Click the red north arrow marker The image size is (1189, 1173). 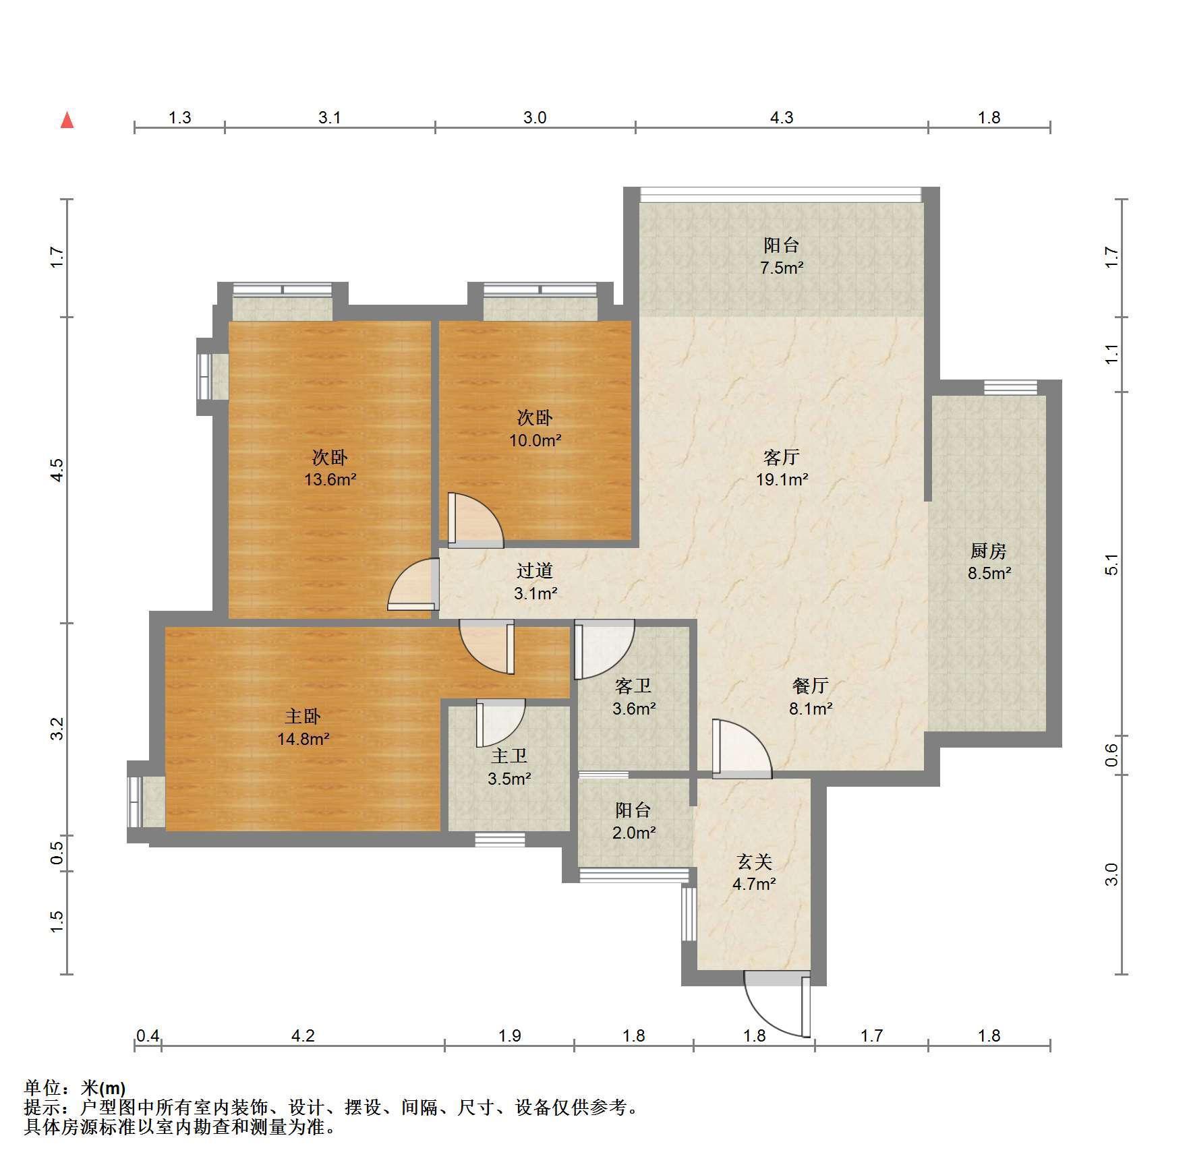click(x=67, y=120)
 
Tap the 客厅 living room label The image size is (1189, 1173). click(x=782, y=457)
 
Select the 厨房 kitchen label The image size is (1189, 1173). click(x=989, y=551)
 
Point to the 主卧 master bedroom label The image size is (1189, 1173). click(x=303, y=716)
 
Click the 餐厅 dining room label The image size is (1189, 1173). click(x=811, y=686)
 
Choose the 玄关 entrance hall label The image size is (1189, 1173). click(x=754, y=862)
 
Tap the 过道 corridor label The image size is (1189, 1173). click(x=535, y=570)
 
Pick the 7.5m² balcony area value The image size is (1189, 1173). click(x=782, y=268)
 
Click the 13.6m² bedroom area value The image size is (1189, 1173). click(x=330, y=480)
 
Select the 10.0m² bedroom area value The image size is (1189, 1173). click(x=535, y=440)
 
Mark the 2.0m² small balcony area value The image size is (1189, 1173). click(x=634, y=833)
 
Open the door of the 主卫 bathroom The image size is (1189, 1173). click(x=500, y=723)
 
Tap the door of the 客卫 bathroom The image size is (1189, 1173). click(x=604, y=649)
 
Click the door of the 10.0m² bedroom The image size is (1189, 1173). click(x=475, y=520)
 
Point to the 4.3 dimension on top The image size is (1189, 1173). click(x=782, y=118)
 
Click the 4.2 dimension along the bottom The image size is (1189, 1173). click(x=303, y=1035)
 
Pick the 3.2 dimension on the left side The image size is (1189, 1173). click(x=57, y=729)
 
